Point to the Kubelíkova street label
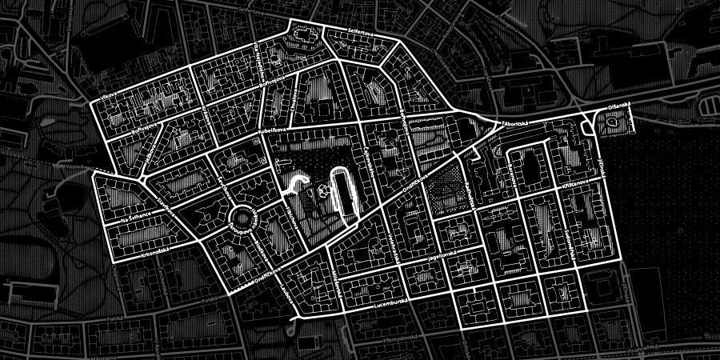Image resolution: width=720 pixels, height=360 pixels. click(x=274, y=128)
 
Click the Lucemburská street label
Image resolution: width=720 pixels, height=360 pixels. click(x=390, y=305)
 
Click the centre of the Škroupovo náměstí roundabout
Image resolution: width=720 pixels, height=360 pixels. click(x=240, y=216)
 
